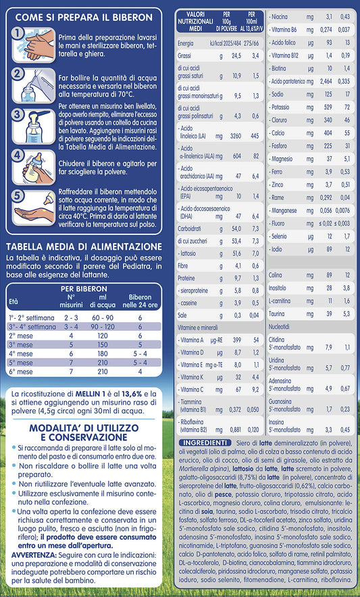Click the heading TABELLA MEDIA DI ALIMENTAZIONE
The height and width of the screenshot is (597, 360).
pyautogui.click(x=83, y=246)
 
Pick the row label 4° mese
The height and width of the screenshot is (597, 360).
pyautogui.click(x=22, y=353)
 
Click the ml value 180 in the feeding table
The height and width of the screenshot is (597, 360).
pyautogui.click(x=103, y=353)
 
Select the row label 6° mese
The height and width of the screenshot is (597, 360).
pyautogui.click(x=22, y=371)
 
